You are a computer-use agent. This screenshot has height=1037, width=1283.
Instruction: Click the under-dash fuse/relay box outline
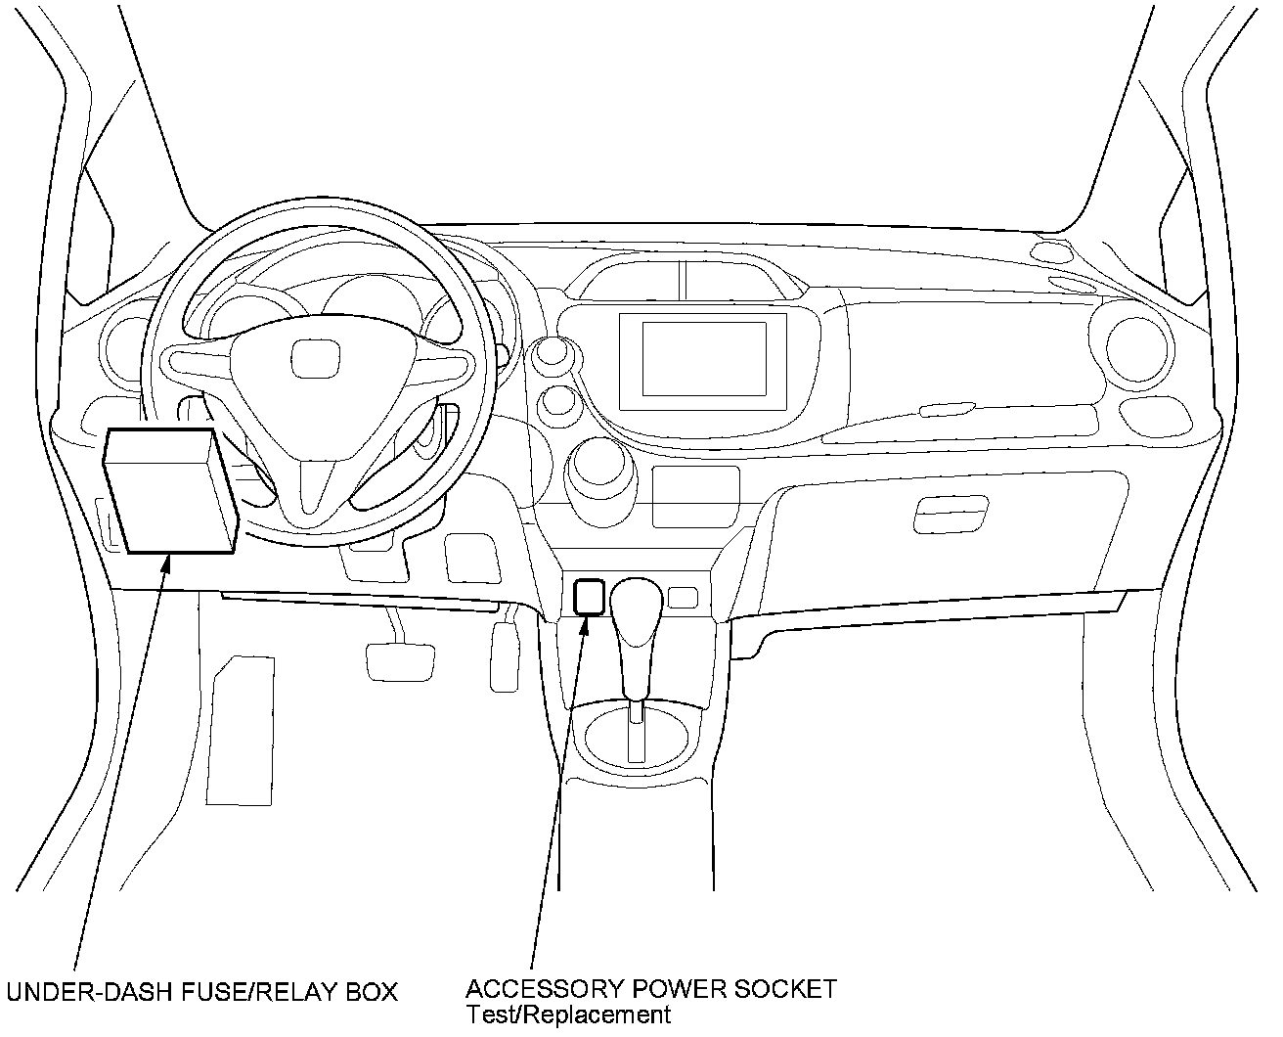[170, 491]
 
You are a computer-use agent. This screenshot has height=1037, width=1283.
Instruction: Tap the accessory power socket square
[588, 596]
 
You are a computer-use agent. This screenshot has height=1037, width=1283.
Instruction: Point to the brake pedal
[401, 660]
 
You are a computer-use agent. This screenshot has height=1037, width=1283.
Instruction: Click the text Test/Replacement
[568, 1014]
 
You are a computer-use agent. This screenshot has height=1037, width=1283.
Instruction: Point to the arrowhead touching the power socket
[584, 625]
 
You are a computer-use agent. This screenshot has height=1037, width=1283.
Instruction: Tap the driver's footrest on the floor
[242, 729]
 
